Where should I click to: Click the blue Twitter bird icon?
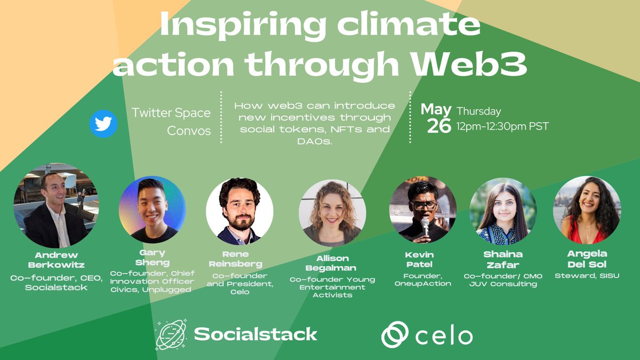[103, 124]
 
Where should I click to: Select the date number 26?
[439, 126]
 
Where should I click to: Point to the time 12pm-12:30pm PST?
[502, 127]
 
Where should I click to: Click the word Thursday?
[478, 111]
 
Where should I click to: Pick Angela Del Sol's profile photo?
[587, 210]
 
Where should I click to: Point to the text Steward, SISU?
[587, 276]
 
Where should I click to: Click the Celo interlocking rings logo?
[395, 335]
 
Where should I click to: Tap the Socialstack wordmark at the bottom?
[255, 334]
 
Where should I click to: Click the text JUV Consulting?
[503, 284]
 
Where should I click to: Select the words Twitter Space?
[171, 113]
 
